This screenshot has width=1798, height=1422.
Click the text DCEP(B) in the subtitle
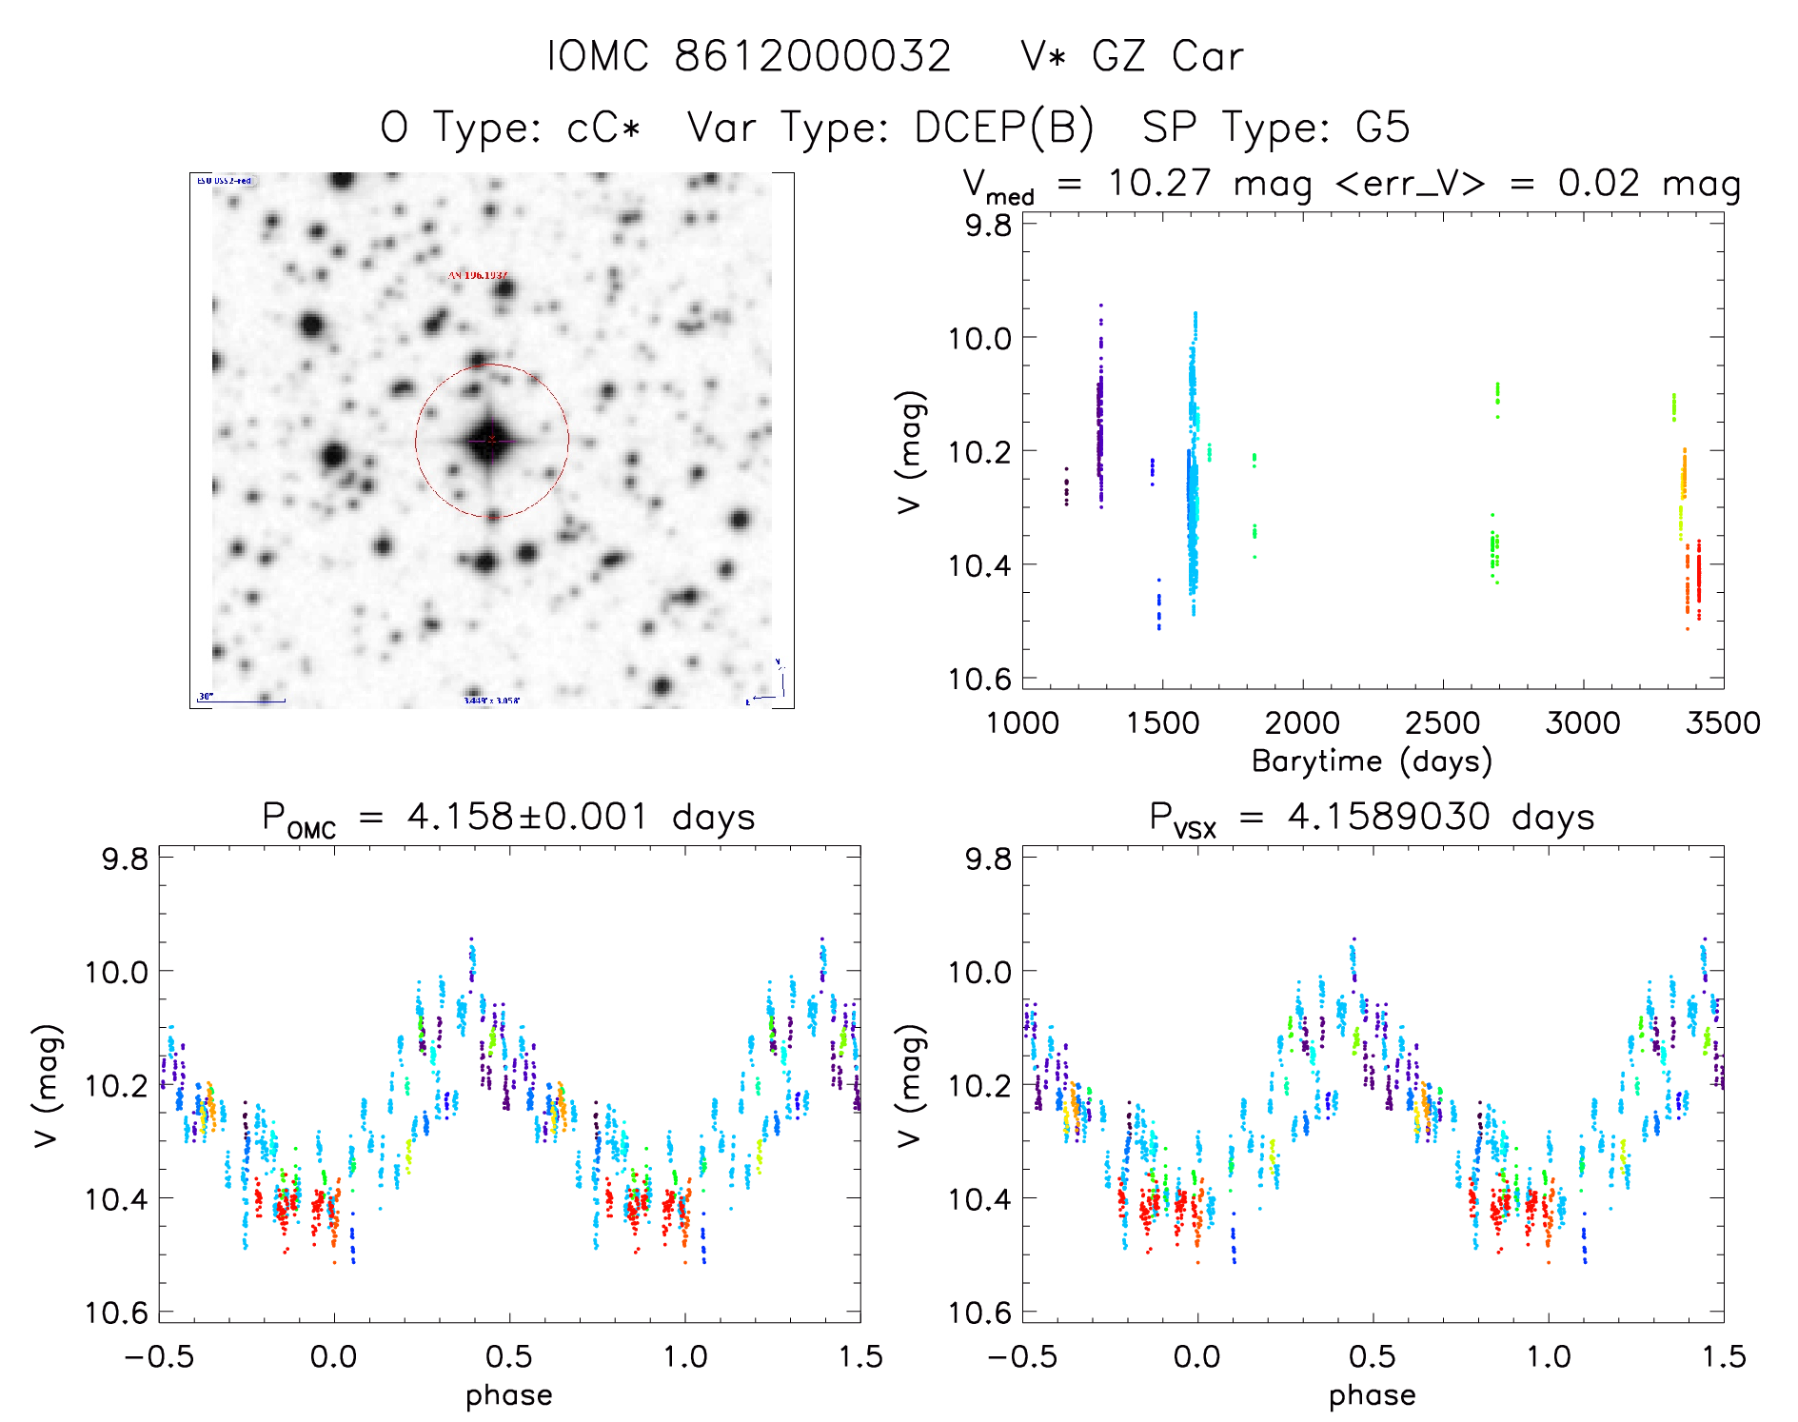[x=1004, y=128]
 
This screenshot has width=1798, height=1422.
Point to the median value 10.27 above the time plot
[x=1159, y=183]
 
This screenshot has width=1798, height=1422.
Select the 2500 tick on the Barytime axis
[x=1442, y=722]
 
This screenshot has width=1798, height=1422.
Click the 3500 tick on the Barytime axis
[x=1723, y=722]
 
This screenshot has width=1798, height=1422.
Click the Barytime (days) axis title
[x=1372, y=761]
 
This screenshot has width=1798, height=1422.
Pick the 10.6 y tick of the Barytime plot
[x=980, y=679]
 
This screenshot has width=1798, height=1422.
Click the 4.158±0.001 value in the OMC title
[x=527, y=817]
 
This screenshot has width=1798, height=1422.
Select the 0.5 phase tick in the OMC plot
[x=509, y=1356]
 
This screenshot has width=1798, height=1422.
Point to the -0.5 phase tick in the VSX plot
[x=1022, y=1356]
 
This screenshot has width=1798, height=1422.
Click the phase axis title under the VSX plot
[x=1372, y=1395]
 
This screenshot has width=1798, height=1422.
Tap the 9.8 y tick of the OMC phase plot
[x=126, y=859]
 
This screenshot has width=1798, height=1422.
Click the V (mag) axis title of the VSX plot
[x=910, y=1085]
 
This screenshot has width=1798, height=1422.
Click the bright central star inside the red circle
[x=491, y=440]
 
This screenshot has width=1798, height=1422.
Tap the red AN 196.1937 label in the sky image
[x=478, y=275]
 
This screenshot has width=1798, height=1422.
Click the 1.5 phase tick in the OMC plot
[x=860, y=1356]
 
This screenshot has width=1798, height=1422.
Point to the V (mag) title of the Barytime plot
[x=911, y=451]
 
